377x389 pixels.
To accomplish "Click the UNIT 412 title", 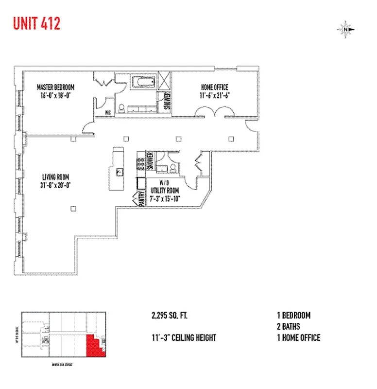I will (x=36, y=23).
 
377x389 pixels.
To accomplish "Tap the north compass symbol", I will (x=346, y=30).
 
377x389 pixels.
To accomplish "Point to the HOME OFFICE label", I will (x=214, y=88).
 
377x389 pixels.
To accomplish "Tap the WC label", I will (x=108, y=112).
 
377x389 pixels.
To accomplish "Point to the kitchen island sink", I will (x=119, y=171).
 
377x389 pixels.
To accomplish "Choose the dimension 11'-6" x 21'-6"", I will (x=214, y=95).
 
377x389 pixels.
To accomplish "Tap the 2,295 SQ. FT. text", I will (x=169, y=316).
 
